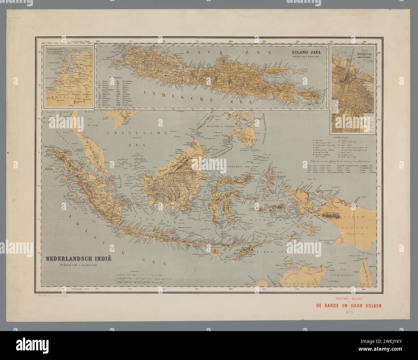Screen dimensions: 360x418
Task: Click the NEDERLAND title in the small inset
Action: click(55, 50)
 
